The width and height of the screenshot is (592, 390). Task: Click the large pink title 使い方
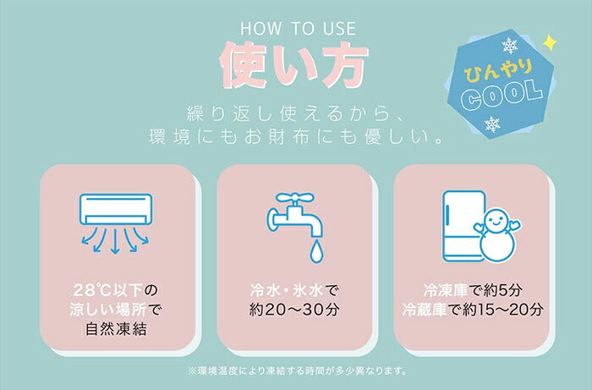[x=295, y=63]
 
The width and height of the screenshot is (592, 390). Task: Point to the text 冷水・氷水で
[x=295, y=289]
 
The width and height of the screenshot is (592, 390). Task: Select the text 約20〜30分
[x=295, y=309]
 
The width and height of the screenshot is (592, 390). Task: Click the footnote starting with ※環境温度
[x=295, y=371]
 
